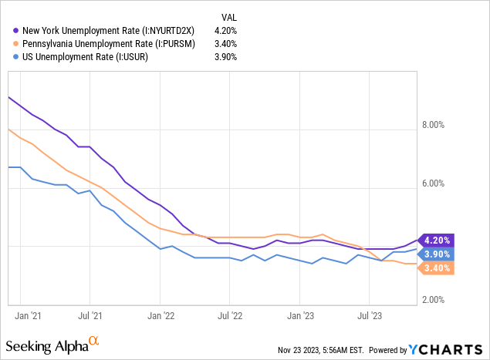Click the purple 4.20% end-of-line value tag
coord(437,240)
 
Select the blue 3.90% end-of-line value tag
coord(437,254)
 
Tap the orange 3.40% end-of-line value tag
coord(437,268)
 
